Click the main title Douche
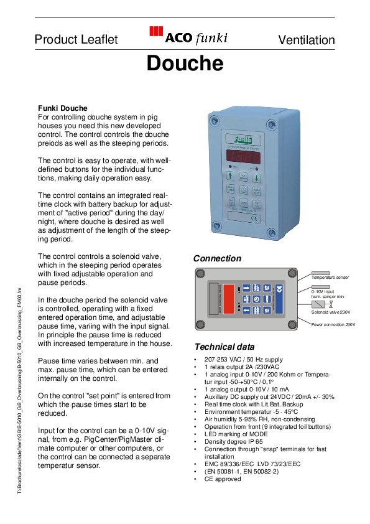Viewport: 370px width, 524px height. pos(185,63)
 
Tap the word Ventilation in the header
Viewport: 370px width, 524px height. pos(306,40)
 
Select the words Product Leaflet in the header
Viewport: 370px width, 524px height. pos(76,40)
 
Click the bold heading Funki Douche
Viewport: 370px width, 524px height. pos(63,108)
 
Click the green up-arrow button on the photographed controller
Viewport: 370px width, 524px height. pos(230,176)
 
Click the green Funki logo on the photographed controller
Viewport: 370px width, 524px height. pos(243,139)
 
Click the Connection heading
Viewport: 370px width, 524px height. pos(217,258)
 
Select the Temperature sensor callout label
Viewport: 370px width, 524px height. pos(330,278)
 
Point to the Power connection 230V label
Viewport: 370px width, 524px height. pos(333,325)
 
